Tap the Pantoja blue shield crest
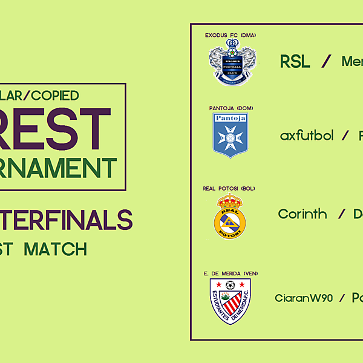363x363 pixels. click(x=230, y=134)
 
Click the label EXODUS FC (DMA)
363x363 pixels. click(x=230, y=35)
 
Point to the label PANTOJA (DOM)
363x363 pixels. click(x=231, y=108)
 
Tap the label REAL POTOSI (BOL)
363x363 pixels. click(x=229, y=189)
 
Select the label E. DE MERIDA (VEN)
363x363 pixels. click(x=231, y=273)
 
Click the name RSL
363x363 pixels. click(x=295, y=62)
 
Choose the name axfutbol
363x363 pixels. click(x=307, y=136)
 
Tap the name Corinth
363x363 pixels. click(x=302, y=214)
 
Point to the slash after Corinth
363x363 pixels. click(x=341, y=214)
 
